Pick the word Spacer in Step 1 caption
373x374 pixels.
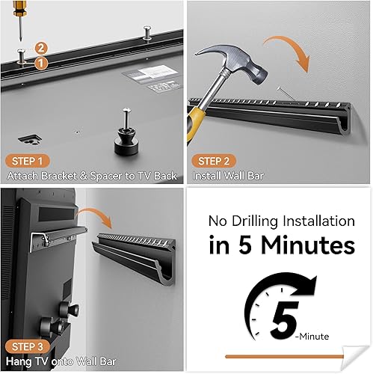pos(102,176)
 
